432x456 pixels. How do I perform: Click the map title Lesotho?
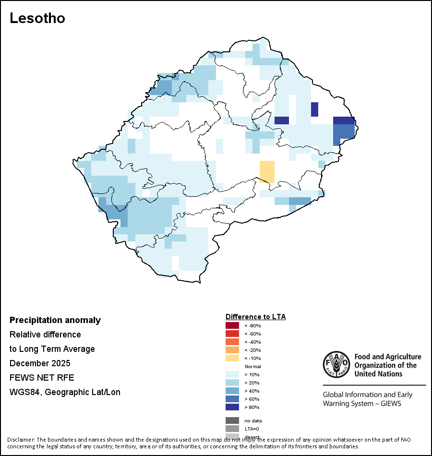pos(37,18)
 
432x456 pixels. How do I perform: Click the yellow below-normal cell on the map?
pos(267,171)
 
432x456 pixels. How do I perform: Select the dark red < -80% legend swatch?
pos(232,326)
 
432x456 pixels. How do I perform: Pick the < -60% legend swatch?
pos(232,334)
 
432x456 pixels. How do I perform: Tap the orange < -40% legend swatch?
pos(232,342)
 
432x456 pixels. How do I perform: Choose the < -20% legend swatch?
pos(232,350)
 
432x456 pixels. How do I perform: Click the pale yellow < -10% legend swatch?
pos(232,359)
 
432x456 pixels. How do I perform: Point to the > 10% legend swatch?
pos(232,375)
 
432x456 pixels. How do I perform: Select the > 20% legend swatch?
pos(232,383)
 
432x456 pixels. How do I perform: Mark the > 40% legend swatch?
pos(232,391)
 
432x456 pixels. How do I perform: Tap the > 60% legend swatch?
pos(232,399)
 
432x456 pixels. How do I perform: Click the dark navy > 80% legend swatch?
pos(232,408)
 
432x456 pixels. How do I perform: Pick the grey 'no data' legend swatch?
pos(232,420)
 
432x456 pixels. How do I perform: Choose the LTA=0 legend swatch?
pos(232,429)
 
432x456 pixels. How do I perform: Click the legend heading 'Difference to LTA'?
pos(255,317)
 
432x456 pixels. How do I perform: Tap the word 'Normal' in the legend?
pos(252,367)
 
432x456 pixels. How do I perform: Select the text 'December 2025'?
pos(40,363)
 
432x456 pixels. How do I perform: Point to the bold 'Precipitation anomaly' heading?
pos(55,320)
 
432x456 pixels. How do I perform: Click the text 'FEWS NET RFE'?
pos(42,377)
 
